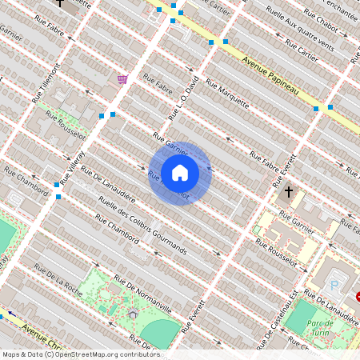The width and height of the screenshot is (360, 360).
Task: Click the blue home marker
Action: click(x=179, y=173)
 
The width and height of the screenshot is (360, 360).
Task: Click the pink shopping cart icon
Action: click(x=122, y=78)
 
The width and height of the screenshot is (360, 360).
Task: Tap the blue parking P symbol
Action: click(x=334, y=285)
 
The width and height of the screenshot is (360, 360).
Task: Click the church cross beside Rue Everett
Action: click(x=290, y=192)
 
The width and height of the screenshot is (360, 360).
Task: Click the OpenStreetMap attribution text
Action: click(x=80, y=354)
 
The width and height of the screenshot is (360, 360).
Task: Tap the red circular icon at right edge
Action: click(x=358, y=296)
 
